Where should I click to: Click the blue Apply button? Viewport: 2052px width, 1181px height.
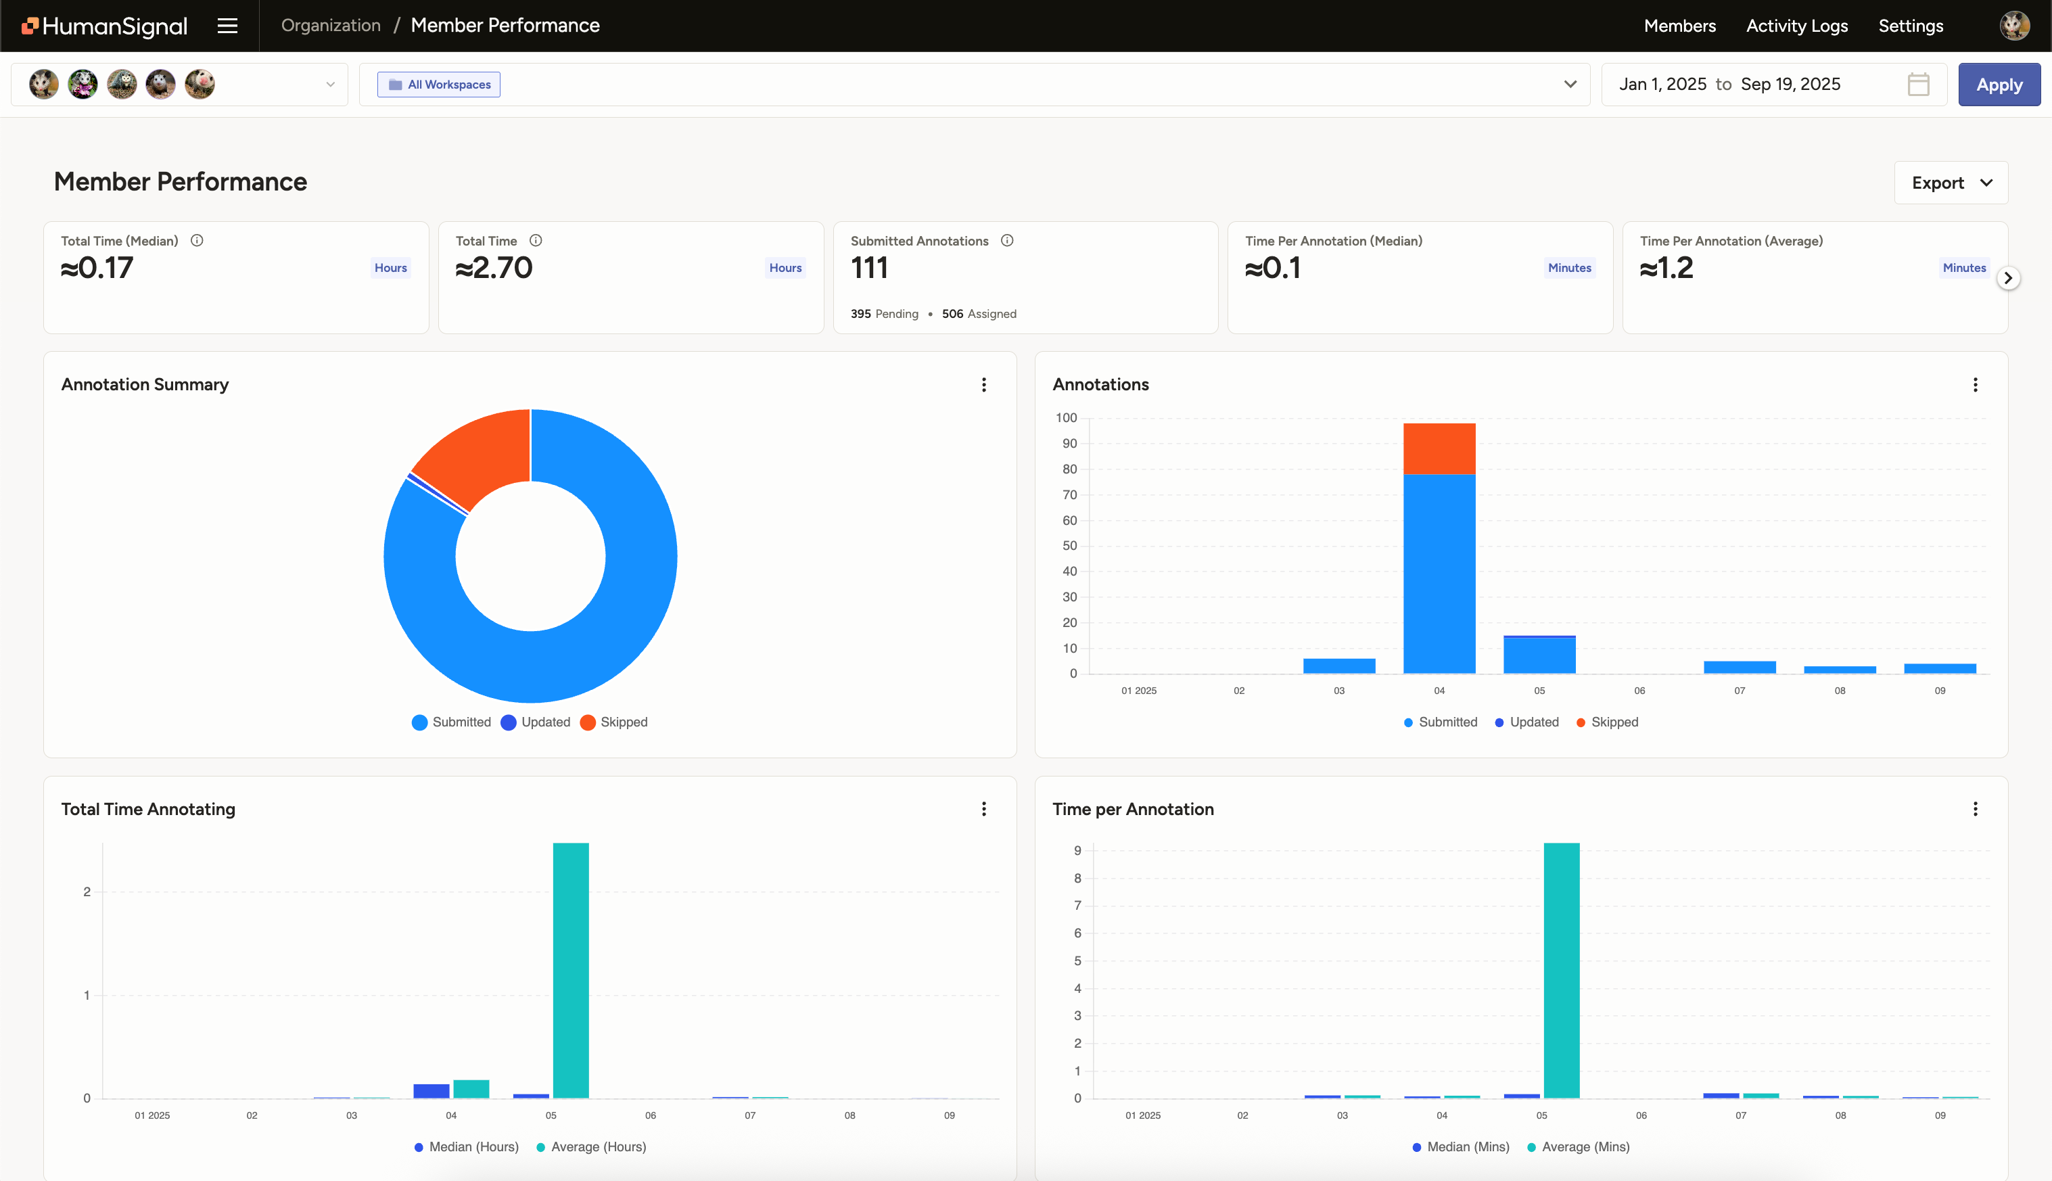pyautogui.click(x=1999, y=85)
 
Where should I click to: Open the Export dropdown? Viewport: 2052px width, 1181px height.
pyautogui.click(x=1951, y=183)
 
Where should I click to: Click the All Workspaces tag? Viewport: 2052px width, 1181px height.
pyautogui.click(x=439, y=85)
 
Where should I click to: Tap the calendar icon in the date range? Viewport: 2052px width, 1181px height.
pyautogui.click(x=1917, y=85)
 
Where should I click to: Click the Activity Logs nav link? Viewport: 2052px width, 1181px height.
pyautogui.click(x=1796, y=26)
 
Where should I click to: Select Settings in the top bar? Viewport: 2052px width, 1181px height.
pyautogui.click(x=1910, y=26)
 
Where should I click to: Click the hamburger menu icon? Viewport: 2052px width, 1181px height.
pyautogui.click(x=227, y=26)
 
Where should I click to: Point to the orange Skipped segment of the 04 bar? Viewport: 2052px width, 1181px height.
pyautogui.click(x=1439, y=448)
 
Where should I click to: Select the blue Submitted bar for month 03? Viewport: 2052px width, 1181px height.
pyautogui.click(x=1339, y=666)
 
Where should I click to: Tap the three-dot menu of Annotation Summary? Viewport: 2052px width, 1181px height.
pyautogui.click(x=984, y=384)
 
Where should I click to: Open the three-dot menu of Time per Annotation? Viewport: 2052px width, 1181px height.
pyautogui.click(x=1975, y=809)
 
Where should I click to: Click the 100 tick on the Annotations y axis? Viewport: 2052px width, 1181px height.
pyautogui.click(x=1066, y=418)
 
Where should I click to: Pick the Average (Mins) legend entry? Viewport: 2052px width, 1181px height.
pyautogui.click(x=1577, y=1147)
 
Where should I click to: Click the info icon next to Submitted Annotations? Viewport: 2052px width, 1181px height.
pyautogui.click(x=1006, y=241)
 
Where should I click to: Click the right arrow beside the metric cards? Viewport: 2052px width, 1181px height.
pyautogui.click(x=2007, y=278)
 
